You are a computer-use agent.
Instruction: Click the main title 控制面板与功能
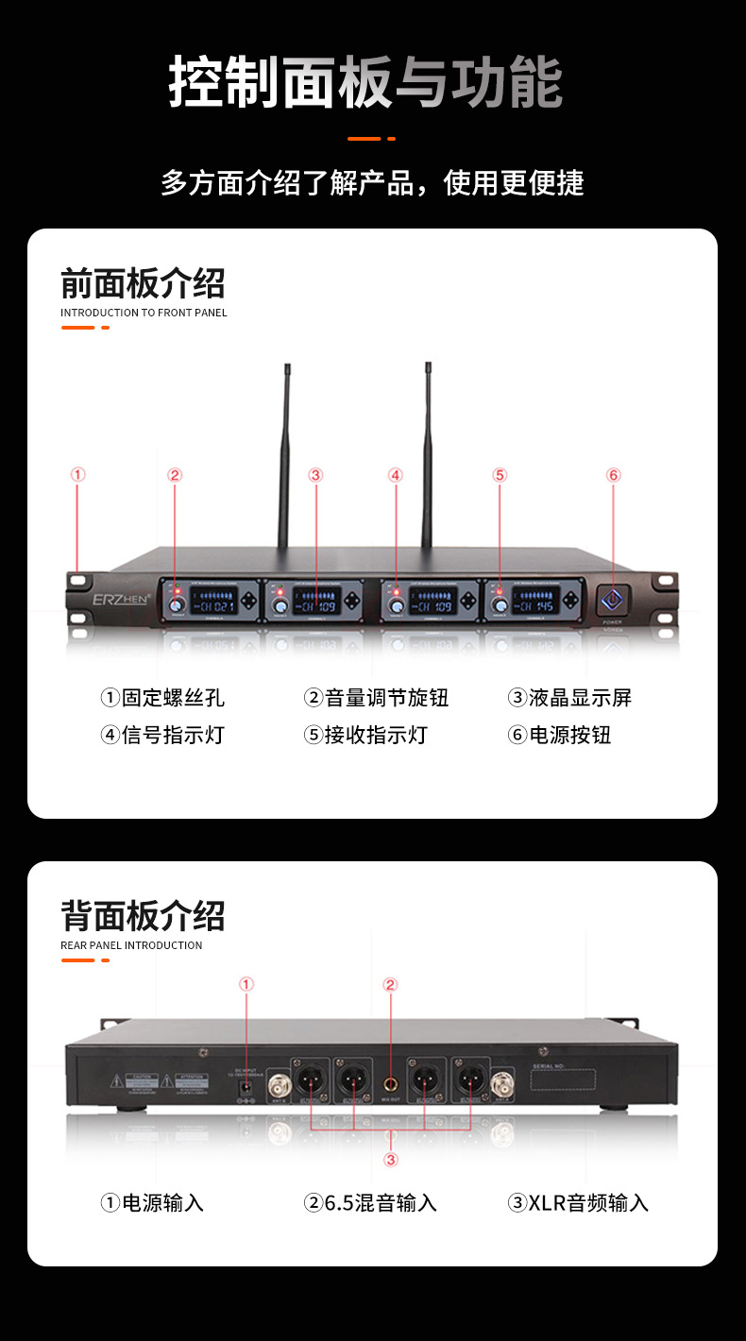(x=365, y=82)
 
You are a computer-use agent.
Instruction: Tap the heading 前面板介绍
(x=143, y=283)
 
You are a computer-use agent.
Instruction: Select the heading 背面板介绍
(x=143, y=915)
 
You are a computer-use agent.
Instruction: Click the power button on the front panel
(x=613, y=599)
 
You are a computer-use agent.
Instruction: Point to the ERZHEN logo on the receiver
(x=114, y=599)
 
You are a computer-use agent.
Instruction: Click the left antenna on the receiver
(x=283, y=453)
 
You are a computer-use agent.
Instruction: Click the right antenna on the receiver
(x=427, y=453)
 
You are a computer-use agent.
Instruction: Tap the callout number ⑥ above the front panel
(x=614, y=475)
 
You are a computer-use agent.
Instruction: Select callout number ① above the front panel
(x=78, y=475)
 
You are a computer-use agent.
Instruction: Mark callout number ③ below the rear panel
(x=390, y=1160)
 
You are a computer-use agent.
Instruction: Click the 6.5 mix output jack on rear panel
(x=390, y=1083)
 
